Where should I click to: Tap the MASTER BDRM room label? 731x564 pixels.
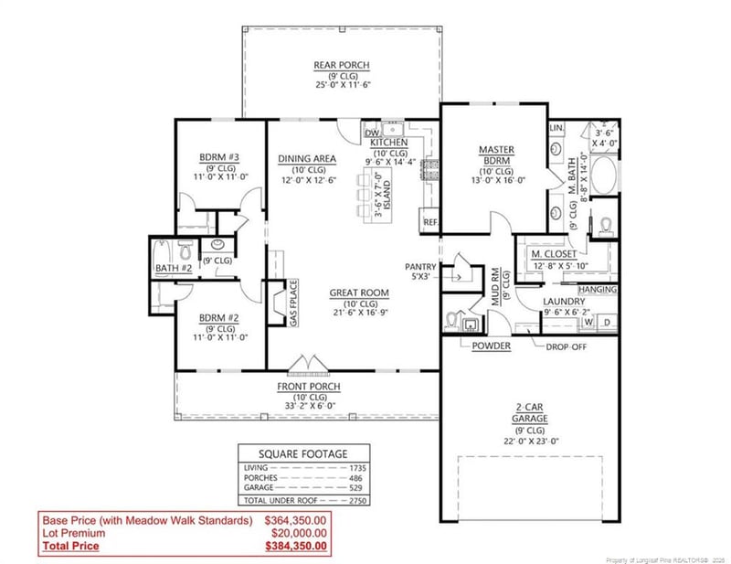pos(497,155)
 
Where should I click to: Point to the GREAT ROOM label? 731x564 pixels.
pos(359,293)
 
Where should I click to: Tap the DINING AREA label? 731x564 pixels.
pos(307,158)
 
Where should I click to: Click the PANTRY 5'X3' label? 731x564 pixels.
pos(421,271)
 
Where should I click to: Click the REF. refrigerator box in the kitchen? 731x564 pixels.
pos(429,222)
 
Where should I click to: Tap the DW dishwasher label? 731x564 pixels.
pos(371,133)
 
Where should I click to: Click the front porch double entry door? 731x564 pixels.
pos(305,365)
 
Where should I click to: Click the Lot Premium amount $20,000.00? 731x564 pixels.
pos(296,534)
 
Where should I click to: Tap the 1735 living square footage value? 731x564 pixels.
pos(357,468)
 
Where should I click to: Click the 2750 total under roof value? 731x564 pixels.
pos(357,501)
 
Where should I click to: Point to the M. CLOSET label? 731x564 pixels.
pos(554,253)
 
